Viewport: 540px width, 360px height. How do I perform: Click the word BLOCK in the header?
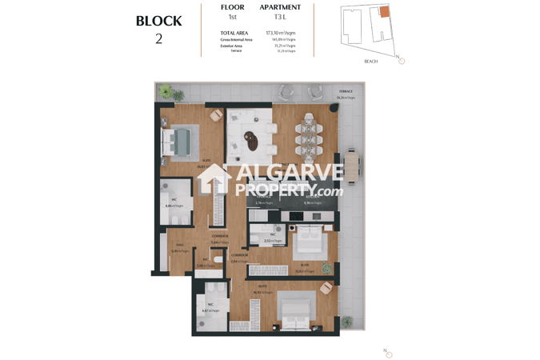coord(158,21)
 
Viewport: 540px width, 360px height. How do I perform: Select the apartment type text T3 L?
coord(279,17)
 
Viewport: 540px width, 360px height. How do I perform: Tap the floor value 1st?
coord(232,17)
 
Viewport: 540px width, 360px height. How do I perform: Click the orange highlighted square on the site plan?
coord(384,12)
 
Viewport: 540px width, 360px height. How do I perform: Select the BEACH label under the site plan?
coord(370,61)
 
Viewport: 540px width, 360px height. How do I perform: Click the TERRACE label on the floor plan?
coord(345,91)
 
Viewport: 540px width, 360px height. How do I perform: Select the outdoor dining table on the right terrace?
coord(350,168)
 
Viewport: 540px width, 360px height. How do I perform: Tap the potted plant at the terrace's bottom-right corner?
coord(347,322)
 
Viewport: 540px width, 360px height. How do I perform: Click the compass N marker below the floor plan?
coord(389,353)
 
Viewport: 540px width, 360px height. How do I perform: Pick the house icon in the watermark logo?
coord(214,180)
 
